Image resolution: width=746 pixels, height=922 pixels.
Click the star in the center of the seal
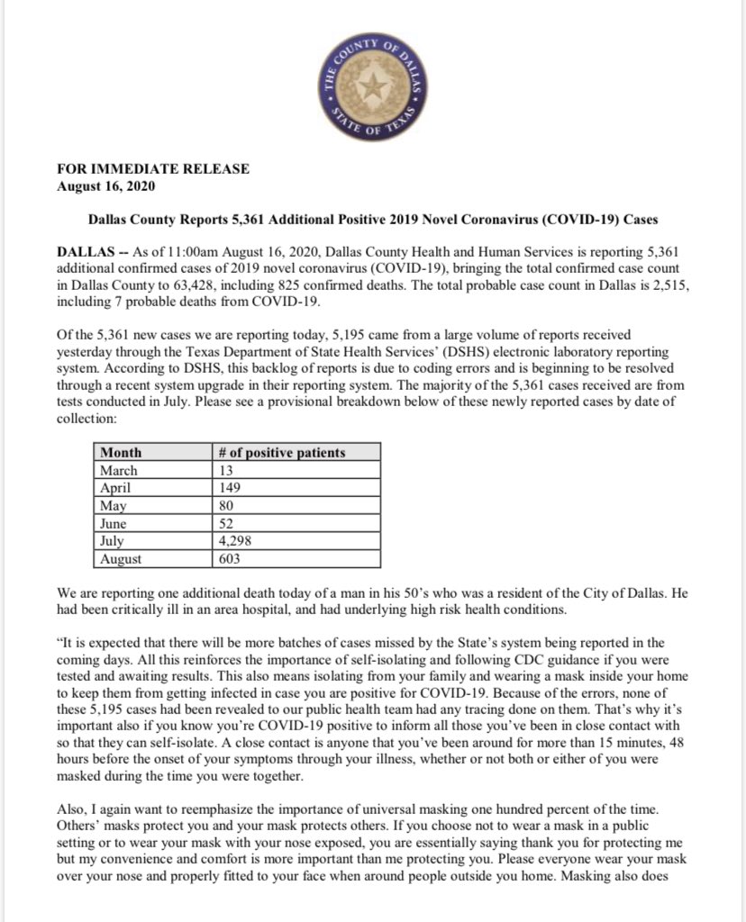(x=372, y=86)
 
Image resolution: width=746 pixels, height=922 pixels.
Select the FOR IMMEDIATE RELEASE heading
(x=152, y=168)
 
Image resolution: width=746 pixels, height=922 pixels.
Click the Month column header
(x=121, y=453)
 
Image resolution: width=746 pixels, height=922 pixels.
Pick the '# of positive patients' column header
(x=282, y=453)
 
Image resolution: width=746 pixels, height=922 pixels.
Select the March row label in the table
(x=119, y=470)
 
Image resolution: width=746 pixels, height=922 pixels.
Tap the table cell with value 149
(x=232, y=488)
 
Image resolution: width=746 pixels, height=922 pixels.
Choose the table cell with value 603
(x=232, y=559)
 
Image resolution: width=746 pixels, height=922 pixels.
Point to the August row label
(x=122, y=559)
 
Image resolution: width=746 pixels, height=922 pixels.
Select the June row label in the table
(x=114, y=523)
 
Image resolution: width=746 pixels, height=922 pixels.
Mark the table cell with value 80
(x=228, y=506)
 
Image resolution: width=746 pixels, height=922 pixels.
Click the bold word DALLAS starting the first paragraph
(x=86, y=254)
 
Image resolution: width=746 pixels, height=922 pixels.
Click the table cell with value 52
(x=228, y=523)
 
